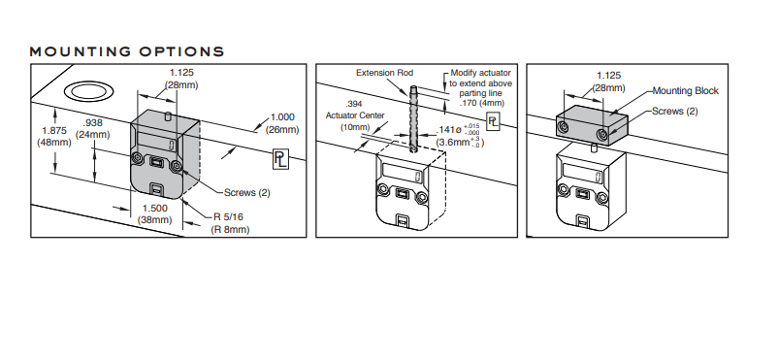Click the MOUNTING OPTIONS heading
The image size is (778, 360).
(126, 51)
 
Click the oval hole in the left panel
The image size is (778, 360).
(89, 92)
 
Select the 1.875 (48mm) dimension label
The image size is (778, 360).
(54, 137)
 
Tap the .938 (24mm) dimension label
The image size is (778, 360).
(93, 129)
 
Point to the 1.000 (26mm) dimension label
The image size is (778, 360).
(282, 123)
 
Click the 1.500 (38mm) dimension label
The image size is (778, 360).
(155, 214)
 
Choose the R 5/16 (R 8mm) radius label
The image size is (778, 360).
(230, 223)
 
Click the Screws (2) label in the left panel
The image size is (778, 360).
(247, 193)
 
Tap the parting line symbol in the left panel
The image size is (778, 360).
(280, 159)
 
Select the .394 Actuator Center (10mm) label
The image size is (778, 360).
(354, 115)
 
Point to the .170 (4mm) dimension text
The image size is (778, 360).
(482, 103)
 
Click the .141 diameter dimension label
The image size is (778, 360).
(460, 136)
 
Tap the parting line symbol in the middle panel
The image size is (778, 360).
(493, 122)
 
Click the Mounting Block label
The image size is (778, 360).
(685, 91)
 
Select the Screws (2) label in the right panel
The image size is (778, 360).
(675, 112)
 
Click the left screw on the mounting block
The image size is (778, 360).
(563, 128)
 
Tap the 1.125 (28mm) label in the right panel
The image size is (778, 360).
(609, 82)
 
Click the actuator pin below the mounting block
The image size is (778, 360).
(595, 147)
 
